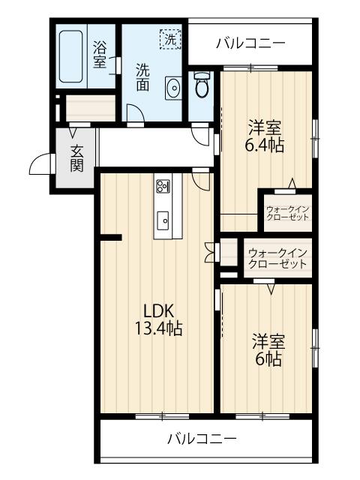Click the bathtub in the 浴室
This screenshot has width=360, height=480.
pyautogui.click(x=70, y=56)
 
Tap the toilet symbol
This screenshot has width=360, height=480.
pyautogui.click(x=202, y=84)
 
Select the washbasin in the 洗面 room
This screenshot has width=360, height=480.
pyautogui.click(x=173, y=88)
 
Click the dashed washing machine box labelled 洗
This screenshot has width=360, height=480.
pyautogui.click(x=170, y=38)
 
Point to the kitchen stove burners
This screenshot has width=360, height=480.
pyautogui.click(x=163, y=185)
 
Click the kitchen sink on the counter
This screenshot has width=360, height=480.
pyautogui.click(x=163, y=220)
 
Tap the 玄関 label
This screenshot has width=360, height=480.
pyautogui.click(x=76, y=158)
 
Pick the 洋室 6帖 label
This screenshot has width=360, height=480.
pyautogui.click(x=268, y=350)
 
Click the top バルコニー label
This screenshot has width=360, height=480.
pyautogui.click(x=250, y=43)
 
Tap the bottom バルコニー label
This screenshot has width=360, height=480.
pyautogui.click(x=202, y=439)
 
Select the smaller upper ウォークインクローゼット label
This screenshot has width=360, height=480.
pyautogui.click(x=287, y=213)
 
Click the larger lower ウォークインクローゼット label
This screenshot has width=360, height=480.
pyautogui.click(x=277, y=258)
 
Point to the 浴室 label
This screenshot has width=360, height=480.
pyautogui.click(x=100, y=55)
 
